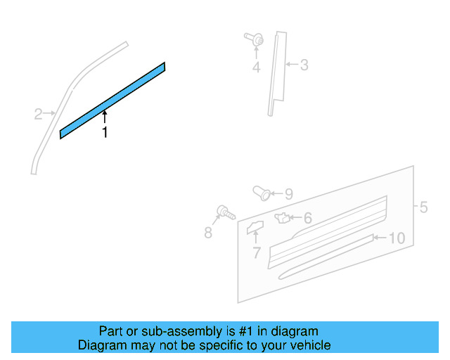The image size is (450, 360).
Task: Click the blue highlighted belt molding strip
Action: click(112, 101)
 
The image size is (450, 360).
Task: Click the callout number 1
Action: click(105, 132)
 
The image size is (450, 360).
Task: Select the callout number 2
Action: click(38, 112)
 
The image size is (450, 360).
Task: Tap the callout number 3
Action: click(304, 65)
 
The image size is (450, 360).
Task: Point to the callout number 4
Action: click(256, 67)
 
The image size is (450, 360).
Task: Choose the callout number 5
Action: click(423, 207)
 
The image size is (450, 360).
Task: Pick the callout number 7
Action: click(256, 252)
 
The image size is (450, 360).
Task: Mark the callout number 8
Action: click(208, 233)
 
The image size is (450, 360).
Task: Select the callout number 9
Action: click(288, 194)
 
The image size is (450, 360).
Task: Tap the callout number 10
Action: click(397, 238)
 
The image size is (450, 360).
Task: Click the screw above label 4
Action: click(254, 41)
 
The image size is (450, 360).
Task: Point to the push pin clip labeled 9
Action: click(261, 192)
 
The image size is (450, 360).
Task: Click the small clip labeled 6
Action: click(283, 217)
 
